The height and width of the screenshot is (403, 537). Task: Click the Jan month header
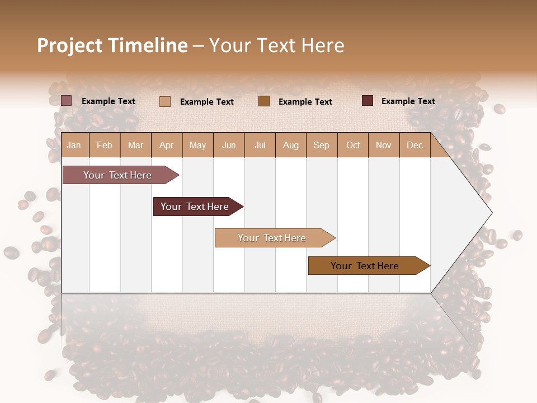point(74,146)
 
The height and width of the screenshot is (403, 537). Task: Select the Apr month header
point(166,146)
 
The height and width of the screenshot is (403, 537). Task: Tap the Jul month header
point(260,146)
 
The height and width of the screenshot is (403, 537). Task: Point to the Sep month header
point(321,146)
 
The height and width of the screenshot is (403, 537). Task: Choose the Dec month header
point(414,146)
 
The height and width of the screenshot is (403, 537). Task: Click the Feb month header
point(105,146)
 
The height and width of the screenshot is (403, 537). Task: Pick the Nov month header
point(383,146)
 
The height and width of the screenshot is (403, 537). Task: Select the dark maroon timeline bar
point(195,207)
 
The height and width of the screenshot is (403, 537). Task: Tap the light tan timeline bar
point(272,238)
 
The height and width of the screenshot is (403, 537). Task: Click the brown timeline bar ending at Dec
point(365,266)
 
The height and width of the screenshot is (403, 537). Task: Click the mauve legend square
point(67,101)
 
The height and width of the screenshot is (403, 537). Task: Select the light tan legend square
point(165,101)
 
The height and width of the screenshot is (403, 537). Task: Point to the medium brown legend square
point(264,101)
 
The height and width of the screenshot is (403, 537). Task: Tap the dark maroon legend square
point(368,101)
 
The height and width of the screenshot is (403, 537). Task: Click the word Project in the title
point(69,46)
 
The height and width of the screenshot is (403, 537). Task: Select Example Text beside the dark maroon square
point(408,101)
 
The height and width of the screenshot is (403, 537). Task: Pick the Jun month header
point(229,146)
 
